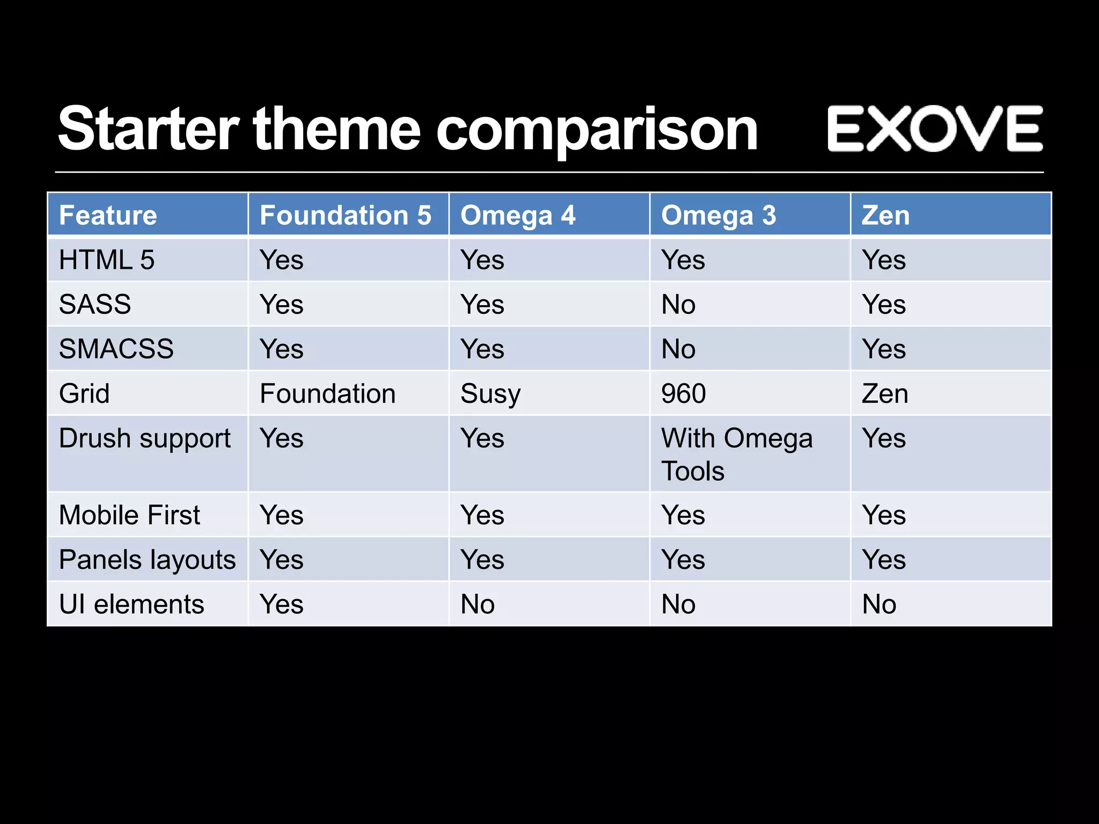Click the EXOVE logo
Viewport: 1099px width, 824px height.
click(934, 129)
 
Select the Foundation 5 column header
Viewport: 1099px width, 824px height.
click(346, 216)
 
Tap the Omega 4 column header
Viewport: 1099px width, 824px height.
click(518, 216)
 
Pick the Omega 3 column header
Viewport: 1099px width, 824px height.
click(719, 216)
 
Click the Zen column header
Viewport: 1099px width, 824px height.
click(885, 216)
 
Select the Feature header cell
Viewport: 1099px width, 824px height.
click(108, 216)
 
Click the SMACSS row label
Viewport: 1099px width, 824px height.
click(116, 349)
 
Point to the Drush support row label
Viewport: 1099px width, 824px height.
click(145, 439)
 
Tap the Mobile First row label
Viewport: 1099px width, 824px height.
click(129, 515)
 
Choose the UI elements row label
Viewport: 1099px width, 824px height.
click(131, 604)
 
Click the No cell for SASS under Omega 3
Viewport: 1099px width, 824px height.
click(678, 305)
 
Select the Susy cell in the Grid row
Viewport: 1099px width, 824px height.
click(490, 394)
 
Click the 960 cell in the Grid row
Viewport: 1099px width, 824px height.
click(683, 394)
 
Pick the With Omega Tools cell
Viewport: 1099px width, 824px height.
click(736, 454)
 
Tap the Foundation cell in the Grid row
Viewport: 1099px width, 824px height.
click(327, 394)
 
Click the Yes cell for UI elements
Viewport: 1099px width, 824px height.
click(282, 604)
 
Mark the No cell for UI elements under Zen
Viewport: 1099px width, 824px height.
click(879, 604)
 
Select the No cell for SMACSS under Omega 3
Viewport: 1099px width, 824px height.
click(678, 349)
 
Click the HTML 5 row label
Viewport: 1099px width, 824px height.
click(107, 260)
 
